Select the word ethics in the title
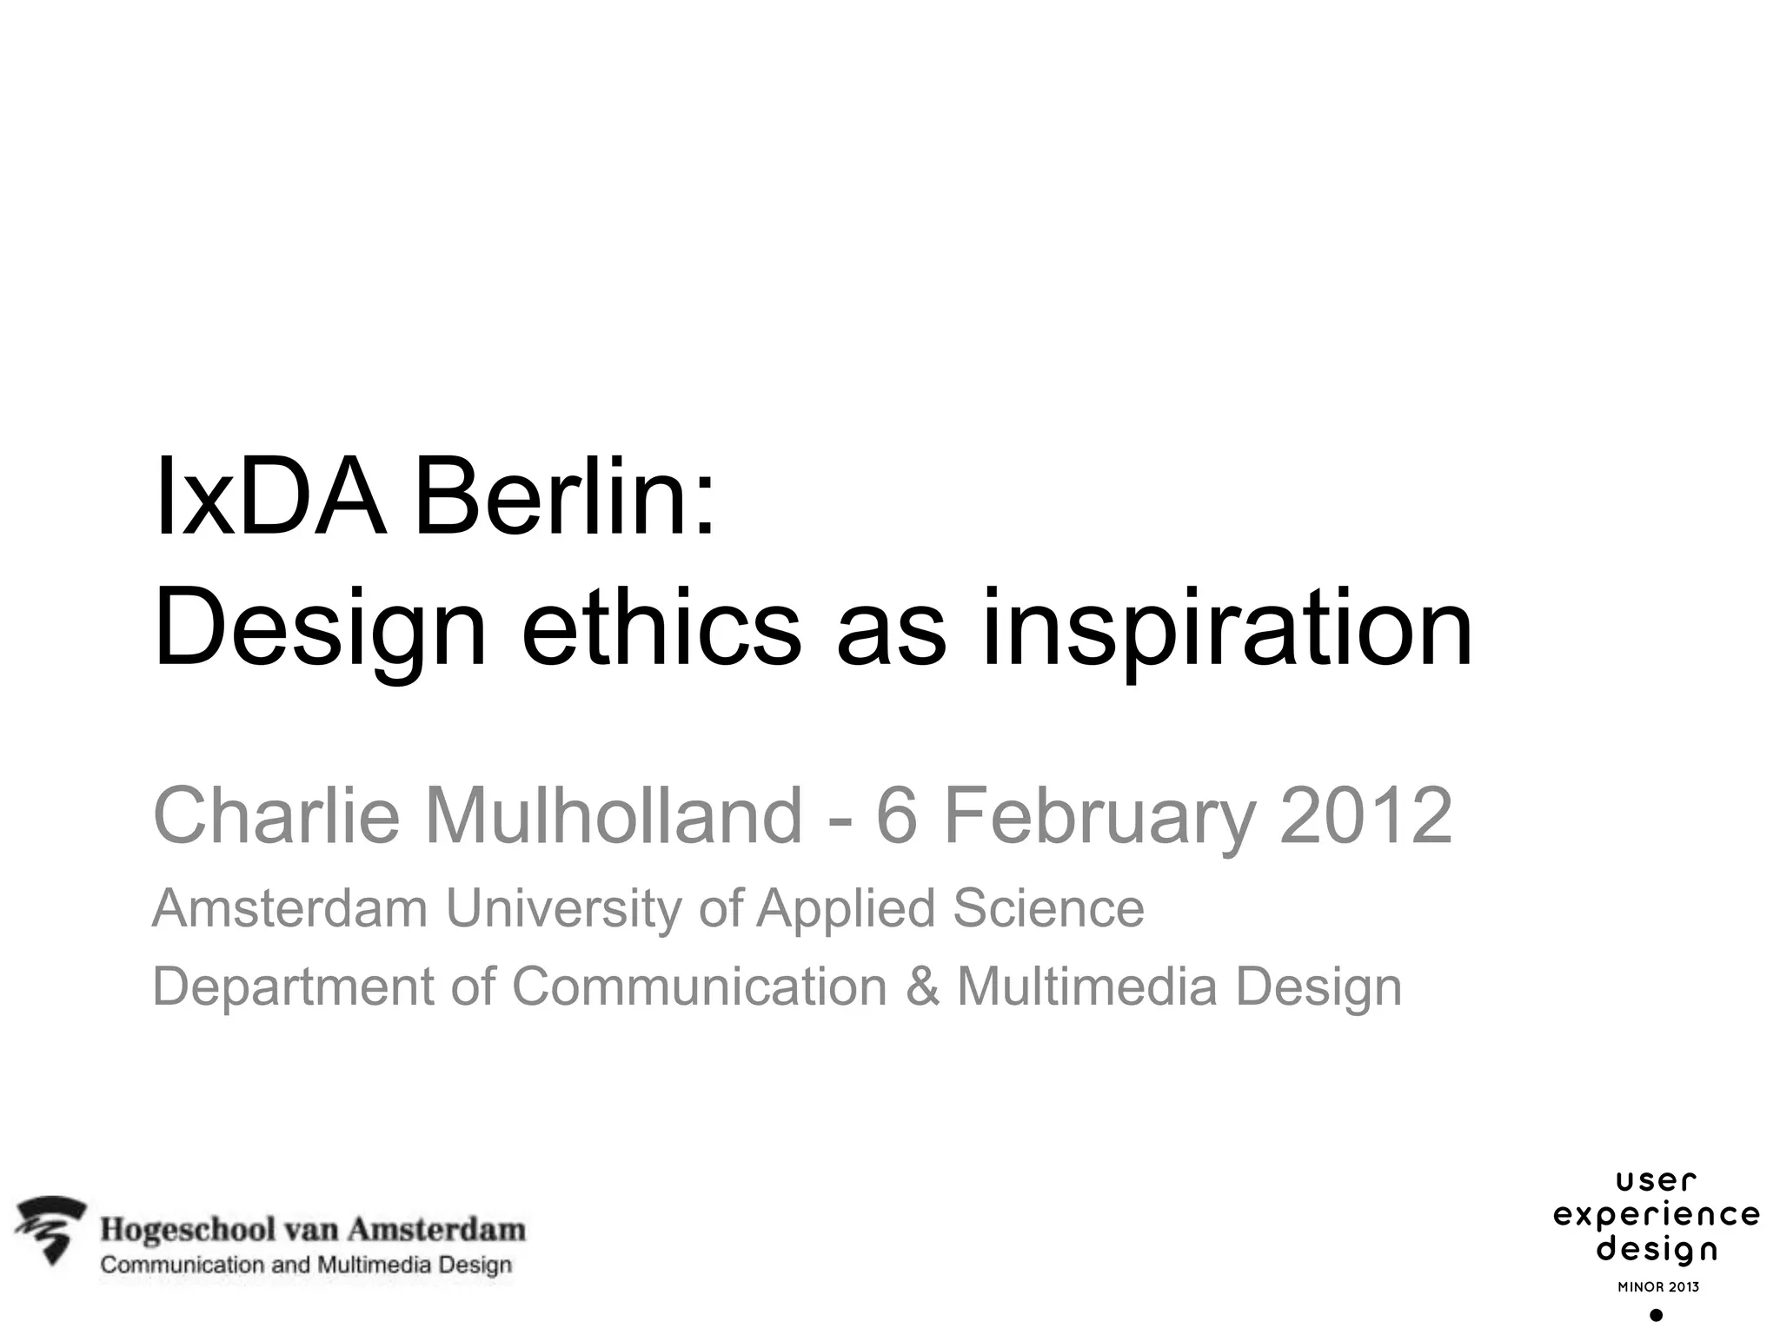[661, 628]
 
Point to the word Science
[1048, 908]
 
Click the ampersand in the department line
[922, 987]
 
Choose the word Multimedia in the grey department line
[1086, 987]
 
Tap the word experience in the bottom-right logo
[1657, 1215]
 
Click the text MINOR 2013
[1657, 1286]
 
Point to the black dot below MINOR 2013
[1656, 1316]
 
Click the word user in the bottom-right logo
[1656, 1181]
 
